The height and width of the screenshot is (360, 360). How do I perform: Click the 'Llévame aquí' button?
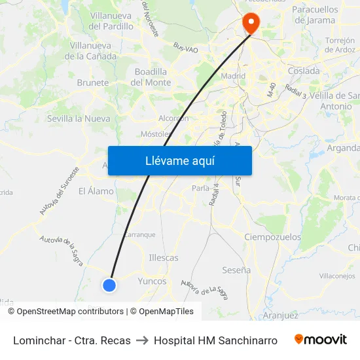pos(179,160)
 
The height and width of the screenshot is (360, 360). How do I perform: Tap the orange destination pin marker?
pos(251,24)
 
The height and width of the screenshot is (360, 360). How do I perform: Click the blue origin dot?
pos(109,285)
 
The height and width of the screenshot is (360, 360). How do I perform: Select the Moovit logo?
pos(320,340)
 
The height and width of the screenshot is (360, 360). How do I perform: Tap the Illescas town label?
pos(164,258)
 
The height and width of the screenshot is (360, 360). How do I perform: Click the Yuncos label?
pos(153,281)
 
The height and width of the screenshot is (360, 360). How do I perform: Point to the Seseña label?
pos(236,270)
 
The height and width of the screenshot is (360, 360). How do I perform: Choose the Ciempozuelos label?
pos(272,237)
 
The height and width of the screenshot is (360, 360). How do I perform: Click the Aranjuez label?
pos(280,315)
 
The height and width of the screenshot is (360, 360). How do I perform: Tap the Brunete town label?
pos(93,83)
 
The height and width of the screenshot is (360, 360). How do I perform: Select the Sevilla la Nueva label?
pos(79,118)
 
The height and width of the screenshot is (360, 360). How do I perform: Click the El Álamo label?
pos(96,191)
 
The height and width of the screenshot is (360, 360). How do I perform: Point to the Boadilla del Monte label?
pos(151,77)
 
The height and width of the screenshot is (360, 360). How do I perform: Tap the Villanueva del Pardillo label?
pos(111,21)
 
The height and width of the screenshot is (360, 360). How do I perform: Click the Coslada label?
pos(304,71)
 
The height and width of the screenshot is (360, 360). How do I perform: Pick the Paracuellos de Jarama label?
pos(315,15)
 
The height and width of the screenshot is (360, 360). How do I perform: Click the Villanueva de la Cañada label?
pos(93,51)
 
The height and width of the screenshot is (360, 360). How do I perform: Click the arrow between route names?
pos(142,340)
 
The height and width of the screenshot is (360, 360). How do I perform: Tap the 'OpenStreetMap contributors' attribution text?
pos(70,312)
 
